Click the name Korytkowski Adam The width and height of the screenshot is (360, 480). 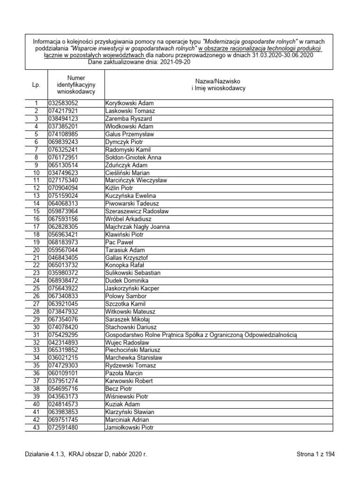129,103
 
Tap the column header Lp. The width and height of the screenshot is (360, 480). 36,85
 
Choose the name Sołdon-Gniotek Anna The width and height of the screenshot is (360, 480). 133,157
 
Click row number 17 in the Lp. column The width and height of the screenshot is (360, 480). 36,227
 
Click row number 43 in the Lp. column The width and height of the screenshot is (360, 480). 36,427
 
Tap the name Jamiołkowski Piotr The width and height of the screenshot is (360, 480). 129,427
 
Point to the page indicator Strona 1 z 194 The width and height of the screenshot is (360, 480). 315,454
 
